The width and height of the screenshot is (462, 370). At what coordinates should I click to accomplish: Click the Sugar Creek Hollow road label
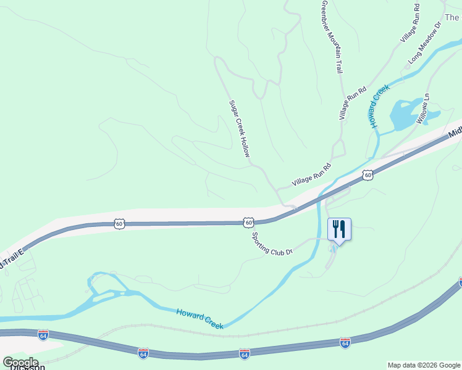pyautogui.click(x=239, y=129)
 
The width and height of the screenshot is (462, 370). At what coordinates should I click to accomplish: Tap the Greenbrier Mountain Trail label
pyautogui.click(x=331, y=37)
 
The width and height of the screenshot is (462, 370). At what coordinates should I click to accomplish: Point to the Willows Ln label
pyautogui.click(x=422, y=110)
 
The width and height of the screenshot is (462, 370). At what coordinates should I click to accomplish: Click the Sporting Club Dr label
pyautogui.click(x=271, y=243)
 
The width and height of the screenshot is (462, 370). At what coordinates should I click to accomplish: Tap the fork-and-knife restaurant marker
pyautogui.click(x=339, y=229)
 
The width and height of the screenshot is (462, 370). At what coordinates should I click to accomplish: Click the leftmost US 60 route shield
pyautogui.click(x=119, y=224)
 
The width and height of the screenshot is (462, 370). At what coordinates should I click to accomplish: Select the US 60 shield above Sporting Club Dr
pyautogui.click(x=248, y=222)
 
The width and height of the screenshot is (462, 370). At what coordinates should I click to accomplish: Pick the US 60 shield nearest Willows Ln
pyautogui.click(x=367, y=175)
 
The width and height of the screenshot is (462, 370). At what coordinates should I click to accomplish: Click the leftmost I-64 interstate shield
pyautogui.click(x=43, y=335)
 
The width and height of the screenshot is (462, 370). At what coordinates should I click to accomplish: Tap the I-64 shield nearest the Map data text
pyautogui.click(x=345, y=342)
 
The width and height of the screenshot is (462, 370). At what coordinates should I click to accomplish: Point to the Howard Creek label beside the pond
pyautogui.click(x=380, y=106)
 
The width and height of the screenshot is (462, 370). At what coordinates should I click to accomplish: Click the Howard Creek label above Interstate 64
pyautogui.click(x=199, y=319)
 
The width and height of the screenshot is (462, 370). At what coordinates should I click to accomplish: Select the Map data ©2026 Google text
pyautogui.click(x=424, y=365)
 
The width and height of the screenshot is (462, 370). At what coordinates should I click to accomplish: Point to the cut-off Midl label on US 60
pyautogui.click(x=455, y=131)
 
